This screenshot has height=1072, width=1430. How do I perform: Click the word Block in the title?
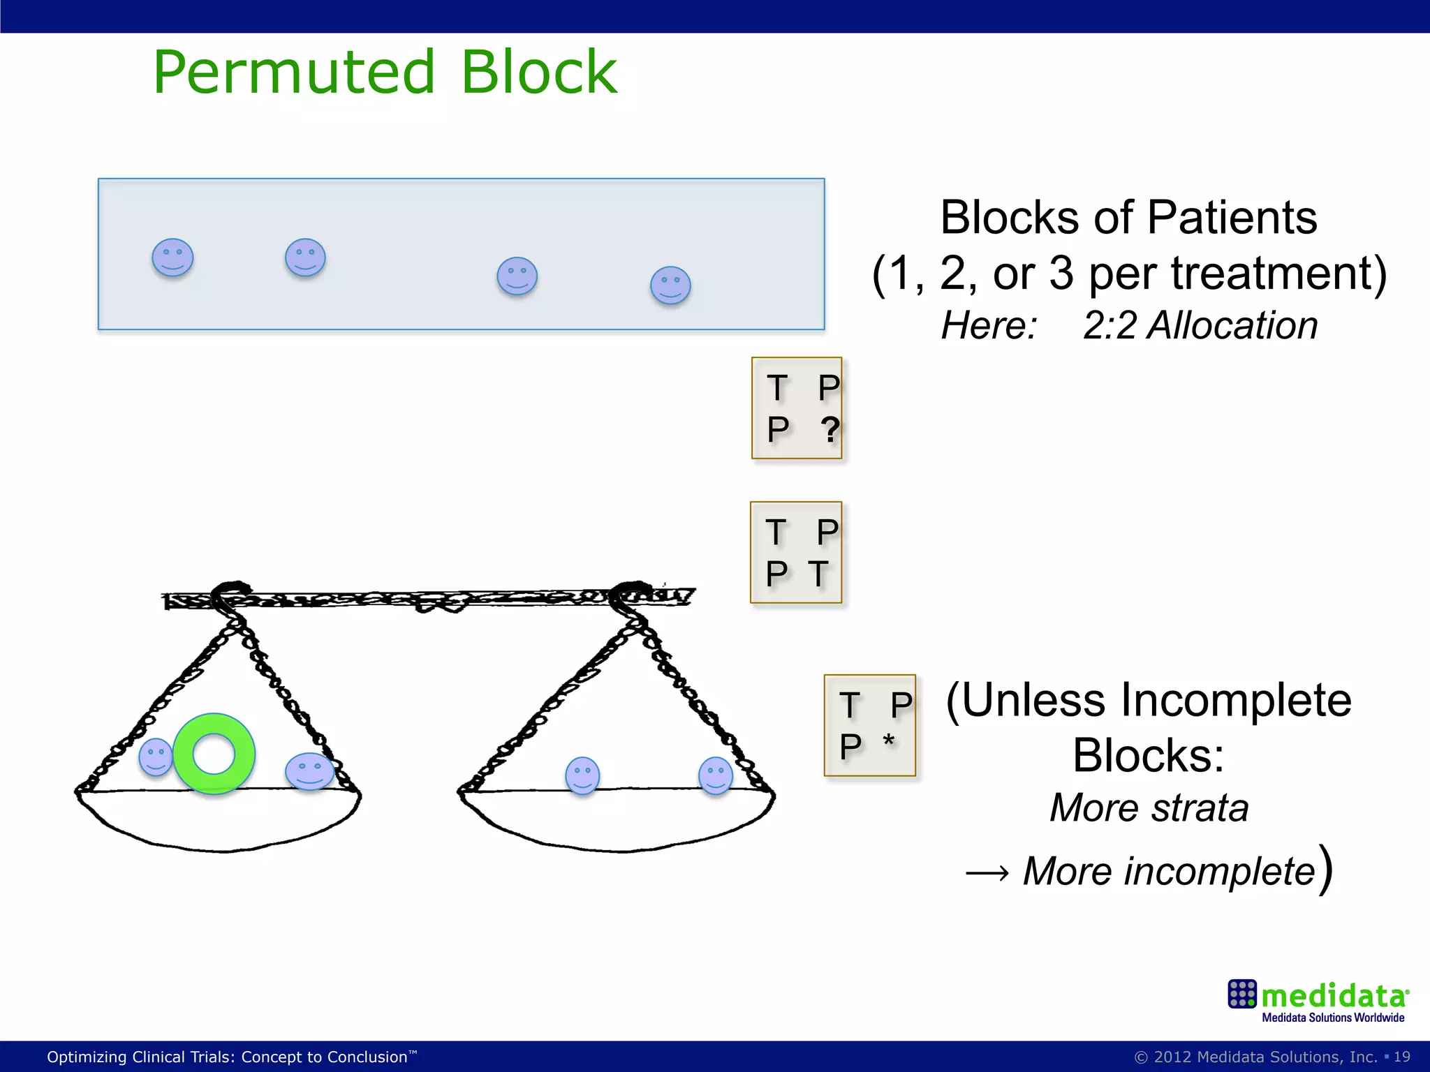(538, 73)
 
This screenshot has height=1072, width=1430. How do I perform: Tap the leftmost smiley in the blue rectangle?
(172, 258)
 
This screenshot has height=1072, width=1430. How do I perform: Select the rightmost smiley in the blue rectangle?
(670, 285)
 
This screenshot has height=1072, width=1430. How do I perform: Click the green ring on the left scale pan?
(214, 754)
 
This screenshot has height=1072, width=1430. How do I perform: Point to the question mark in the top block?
(830, 429)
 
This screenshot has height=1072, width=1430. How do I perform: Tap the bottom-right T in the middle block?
(819, 574)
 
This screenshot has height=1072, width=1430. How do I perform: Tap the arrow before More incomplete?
(987, 873)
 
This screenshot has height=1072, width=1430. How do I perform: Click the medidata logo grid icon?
(1241, 994)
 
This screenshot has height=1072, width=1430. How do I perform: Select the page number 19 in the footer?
(1401, 1057)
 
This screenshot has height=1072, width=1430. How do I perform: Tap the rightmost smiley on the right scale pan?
(716, 775)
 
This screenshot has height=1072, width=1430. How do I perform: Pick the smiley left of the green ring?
(155, 757)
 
